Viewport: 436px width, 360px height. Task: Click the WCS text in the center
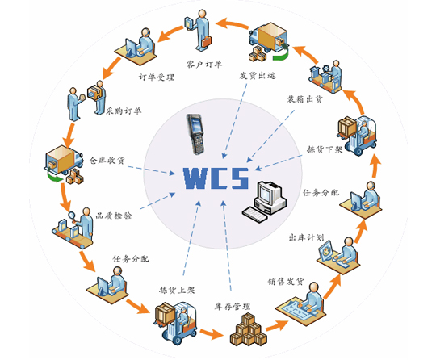point(216,178)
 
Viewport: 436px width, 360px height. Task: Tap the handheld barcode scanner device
point(196,134)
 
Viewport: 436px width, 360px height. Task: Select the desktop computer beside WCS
point(264,201)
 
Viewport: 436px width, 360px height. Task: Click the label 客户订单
point(204,65)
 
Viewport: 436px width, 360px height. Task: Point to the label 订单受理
point(157,77)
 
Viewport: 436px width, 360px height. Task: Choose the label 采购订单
point(124,111)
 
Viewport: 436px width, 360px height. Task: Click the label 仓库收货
point(107,161)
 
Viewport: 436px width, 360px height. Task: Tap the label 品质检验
point(114,216)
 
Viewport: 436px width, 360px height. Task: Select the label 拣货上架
point(177,291)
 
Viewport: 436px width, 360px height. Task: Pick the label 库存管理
point(233,307)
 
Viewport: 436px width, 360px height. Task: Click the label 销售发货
point(286,282)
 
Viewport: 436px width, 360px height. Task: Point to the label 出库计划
point(306,237)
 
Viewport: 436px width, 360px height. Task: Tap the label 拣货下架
point(325,149)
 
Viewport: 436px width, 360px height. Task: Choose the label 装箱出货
point(304,99)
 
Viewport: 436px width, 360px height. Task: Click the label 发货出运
point(258,75)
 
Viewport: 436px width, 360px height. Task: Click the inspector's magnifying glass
point(73,216)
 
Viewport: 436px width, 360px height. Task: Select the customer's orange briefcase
point(207,42)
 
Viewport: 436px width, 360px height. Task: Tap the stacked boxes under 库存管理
point(248,329)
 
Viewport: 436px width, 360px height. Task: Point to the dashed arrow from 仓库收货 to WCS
point(151,170)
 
